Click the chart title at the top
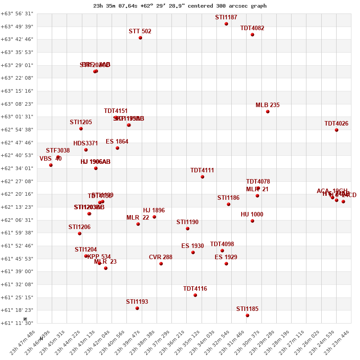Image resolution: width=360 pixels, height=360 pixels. (180, 6)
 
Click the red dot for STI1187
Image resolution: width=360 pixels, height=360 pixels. (226, 24)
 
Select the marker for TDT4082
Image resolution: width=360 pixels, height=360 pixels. (252, 35)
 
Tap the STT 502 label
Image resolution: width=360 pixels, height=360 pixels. (140, 31)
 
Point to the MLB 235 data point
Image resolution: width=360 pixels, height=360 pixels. (268, 112)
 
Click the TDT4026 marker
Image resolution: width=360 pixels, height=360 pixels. (337, 130)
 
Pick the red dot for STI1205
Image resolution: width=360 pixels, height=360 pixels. (81, 129)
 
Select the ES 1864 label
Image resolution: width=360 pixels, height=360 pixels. (117, 142)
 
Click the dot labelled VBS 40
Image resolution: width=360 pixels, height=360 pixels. (51, 165)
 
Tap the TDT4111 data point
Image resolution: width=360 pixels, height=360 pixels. (202, 177)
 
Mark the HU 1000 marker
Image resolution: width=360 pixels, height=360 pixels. (252, 221)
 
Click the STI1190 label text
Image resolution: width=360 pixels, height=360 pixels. (187, 222)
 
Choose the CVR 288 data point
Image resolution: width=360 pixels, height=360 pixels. (161, 264)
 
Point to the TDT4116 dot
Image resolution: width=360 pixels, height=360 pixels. (195, 295)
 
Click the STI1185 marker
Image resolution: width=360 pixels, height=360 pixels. (247, 315)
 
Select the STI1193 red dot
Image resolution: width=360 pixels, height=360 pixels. (137, 308)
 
